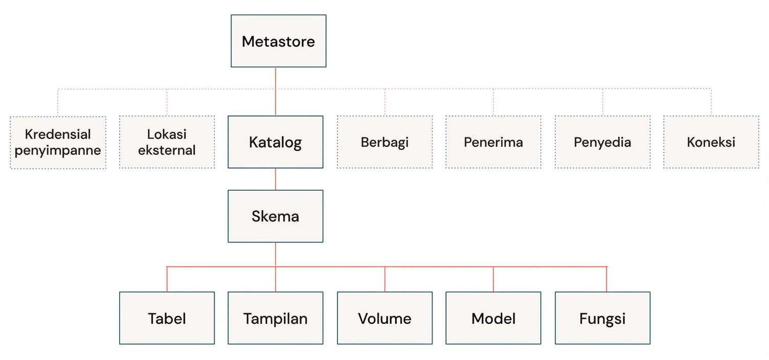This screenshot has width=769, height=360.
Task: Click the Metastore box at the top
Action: click(x=278, y=41)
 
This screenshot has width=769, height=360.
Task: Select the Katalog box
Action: click(x=275, y=142)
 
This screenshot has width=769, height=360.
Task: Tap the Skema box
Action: click(x=275, y=216)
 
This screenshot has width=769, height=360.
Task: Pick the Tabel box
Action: click(x=167, y=318)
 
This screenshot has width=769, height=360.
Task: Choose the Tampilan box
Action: click(x=275, y=318)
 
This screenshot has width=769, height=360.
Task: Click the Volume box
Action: click(x=384, y=318)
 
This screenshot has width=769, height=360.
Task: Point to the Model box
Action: click(x=493, y=318)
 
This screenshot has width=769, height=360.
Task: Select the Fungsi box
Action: click(x=602, y=318)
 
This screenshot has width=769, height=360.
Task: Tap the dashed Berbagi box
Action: click(x=384, y=142)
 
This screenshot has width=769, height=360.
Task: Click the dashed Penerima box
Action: click(x=493, y=142)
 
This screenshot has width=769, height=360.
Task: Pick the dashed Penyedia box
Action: click(x=602, y=142)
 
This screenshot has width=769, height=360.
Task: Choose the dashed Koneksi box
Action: click(x=711, y=142)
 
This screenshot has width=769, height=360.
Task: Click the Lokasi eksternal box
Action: click(x=167, y=142)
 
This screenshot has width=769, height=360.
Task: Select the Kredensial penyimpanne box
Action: click(x=58, y=142)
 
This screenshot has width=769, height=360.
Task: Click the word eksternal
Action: click(x=167, y=151)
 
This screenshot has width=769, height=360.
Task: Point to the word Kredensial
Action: click(x=58, y=134)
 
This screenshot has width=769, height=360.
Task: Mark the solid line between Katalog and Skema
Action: click(x=276, y=179)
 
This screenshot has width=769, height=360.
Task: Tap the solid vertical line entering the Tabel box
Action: click(x=167, y=279)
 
